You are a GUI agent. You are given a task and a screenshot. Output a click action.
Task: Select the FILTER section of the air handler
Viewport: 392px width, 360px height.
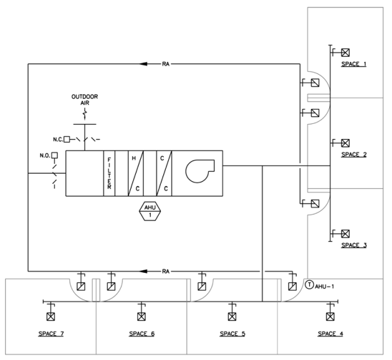(x=110, y=173)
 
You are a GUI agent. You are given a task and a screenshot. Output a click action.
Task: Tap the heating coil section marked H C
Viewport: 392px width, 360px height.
(x=137, y=173)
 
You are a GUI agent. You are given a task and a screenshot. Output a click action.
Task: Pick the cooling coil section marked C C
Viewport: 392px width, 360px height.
(x=164, y=173)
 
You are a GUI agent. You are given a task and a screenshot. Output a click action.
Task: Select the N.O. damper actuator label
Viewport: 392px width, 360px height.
(x=45, y=155)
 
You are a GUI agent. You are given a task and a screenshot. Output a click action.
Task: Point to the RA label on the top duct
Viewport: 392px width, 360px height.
(x=165, y=64)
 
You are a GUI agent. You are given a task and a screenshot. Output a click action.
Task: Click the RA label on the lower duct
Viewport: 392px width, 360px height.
(x=165, y=272)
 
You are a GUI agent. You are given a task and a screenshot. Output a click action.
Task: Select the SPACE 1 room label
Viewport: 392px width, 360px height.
(x=353, y=64)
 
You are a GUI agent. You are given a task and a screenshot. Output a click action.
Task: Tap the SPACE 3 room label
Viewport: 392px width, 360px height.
(x=353, y=245)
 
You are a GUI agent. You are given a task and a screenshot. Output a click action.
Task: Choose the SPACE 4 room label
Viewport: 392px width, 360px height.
(x=330, y=334)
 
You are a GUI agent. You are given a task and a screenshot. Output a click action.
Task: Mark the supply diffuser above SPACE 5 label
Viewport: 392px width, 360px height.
(x=232, y=316)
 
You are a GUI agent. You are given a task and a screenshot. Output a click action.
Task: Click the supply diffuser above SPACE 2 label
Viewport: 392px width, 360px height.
(x=345, y=143)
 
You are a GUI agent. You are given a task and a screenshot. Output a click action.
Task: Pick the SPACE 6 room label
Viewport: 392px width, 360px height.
(x=141, y=334)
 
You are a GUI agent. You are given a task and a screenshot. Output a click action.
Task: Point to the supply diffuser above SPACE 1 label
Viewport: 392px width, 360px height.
(x=345, y=53)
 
